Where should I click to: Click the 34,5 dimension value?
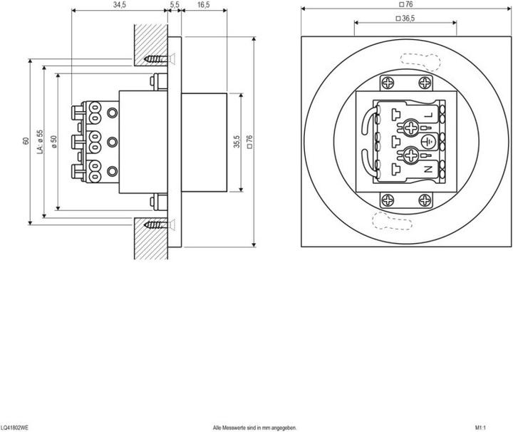point(119,5)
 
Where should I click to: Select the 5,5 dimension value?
point(175,5)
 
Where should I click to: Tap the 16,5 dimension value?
point(203,5)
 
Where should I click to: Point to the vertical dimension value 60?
point(26,140)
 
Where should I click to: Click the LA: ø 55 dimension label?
point(40,140)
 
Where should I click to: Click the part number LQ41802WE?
point(15,427)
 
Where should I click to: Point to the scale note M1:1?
point(480,427)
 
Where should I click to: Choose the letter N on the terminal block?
point(428,169)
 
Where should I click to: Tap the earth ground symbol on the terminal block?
point(427,142)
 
